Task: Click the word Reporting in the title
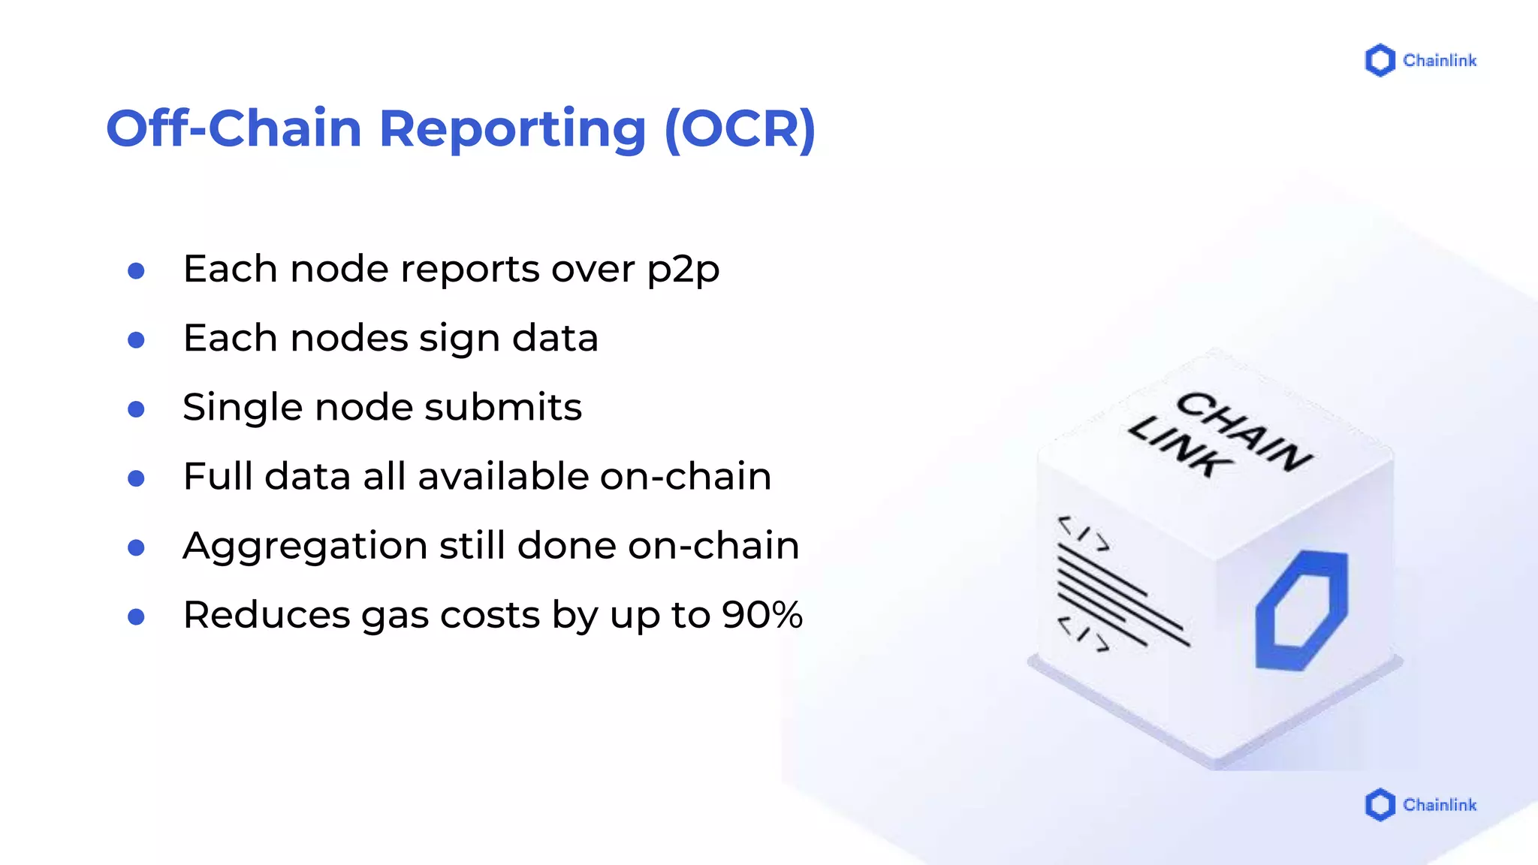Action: pyautogui.click(x=512, y=128)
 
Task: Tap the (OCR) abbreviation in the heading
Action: pyautogui.click(x=740, y=128)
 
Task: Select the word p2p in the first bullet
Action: pyautogui.click(x=683, y=270)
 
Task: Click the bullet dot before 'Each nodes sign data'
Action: pyautogui.click(x=136, y=340)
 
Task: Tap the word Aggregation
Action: pyautogui.click(x=305, y=547)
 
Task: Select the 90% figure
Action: pyautogui.click(x=762, y=615)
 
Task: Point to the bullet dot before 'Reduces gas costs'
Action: pyautogui.click(x=136, y=617)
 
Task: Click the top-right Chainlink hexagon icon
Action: pyautogui.click(x=1380, y=61)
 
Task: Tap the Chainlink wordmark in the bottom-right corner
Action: pyautogui.click(x=1440, y=805)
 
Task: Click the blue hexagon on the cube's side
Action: pyautogui.click(x=1301, y=610)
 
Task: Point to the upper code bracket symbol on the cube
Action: pyautogui.click(x=1084, y=533)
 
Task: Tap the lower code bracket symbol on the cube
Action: pyautogui.click(x=1083, y=634)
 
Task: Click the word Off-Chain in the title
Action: pyautogui.click(x=234, y=128)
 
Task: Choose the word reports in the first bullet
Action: pyautogui.click(x=469, y=270)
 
